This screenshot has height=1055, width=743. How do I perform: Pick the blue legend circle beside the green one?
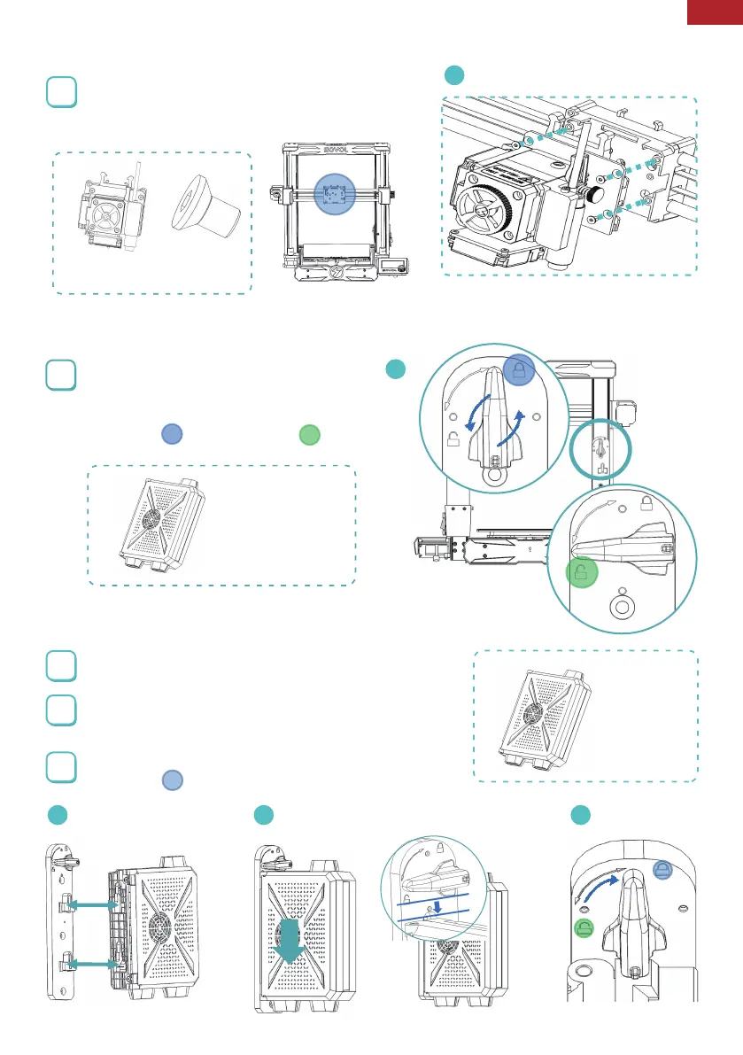(172, 434)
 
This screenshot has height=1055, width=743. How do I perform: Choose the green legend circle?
(308, 434)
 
